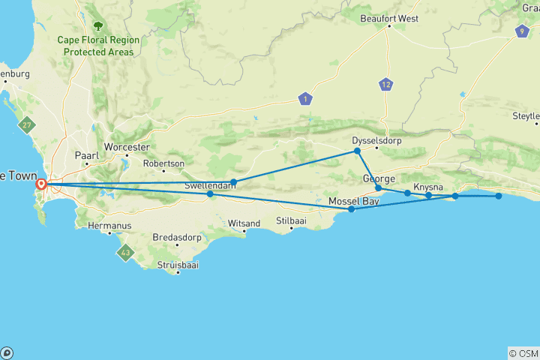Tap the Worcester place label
click(x=127, y=147)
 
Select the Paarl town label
click(x=86, y=155)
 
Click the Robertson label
click(x=163, y=163)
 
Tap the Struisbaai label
click(x=178, y=265)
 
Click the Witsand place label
click(x=244, y=223)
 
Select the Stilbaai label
click(x=292, y=220)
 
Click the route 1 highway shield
click(x=304, y=98)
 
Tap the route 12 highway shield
click(x=386, y=85)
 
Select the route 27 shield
click(x=27, y=125)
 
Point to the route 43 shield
click(x=124, y=253)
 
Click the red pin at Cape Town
click(x=42, y=183)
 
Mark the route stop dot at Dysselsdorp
click(x=358, y=151)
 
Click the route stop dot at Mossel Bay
click(x=351, y=209)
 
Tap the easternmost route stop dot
click(x=499, y=196)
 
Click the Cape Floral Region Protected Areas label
click(x=98, y=46)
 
